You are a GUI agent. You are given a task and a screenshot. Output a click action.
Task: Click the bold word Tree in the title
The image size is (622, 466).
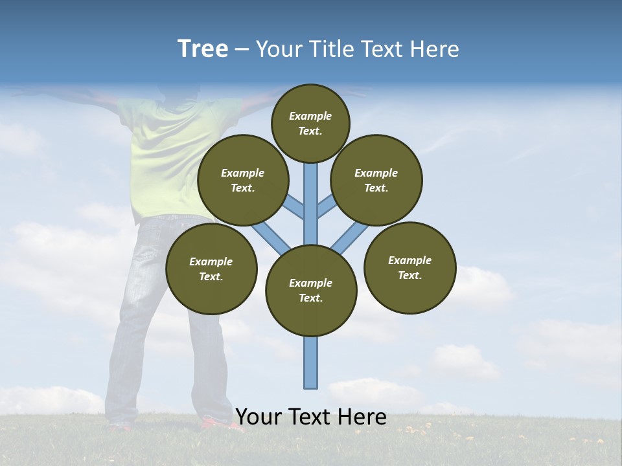203,49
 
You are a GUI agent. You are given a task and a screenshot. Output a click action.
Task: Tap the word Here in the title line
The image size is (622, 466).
435,49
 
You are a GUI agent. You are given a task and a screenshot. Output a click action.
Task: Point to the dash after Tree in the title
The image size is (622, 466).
242,50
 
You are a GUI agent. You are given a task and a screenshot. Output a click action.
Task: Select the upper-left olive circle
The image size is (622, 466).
243,180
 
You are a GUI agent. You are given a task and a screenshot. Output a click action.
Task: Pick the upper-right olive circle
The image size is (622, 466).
376,180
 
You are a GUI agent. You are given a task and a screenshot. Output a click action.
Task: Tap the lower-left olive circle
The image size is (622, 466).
211,269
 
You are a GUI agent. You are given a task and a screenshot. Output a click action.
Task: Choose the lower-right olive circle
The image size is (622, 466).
409,267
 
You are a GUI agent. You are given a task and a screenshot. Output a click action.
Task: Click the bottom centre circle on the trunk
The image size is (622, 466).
311,290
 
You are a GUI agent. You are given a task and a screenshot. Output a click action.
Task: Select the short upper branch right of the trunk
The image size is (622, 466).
327,206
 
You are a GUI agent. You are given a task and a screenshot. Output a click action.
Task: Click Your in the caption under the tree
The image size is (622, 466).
259,417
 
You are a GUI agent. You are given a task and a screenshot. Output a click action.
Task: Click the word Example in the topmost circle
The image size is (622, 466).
310,116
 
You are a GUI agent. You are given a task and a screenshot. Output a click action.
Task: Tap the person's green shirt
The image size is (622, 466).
165,155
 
